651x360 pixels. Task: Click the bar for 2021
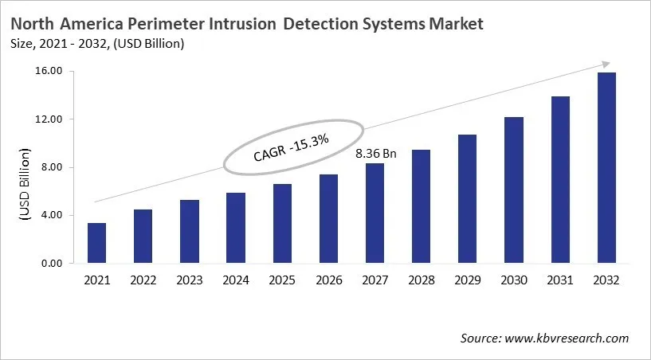tap(96, 243)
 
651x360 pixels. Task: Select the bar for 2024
tap(236, 228)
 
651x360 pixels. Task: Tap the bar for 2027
tap(375, 213)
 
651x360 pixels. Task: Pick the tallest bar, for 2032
tap(606, 167)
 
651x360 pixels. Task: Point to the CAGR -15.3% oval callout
tap(292, 148)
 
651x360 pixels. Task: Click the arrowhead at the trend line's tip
tap(606, 64)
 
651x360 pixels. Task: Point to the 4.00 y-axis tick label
tap(51, 215)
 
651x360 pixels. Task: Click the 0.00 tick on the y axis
tap(51, 264)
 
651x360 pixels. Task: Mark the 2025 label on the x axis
tap(282, 280)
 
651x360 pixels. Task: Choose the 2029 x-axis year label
tap(468, 280)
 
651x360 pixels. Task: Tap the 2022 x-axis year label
tap(143, 280)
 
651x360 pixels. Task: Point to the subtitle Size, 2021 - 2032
tap(61, 44)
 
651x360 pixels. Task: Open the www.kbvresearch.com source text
tap(567, 338)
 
